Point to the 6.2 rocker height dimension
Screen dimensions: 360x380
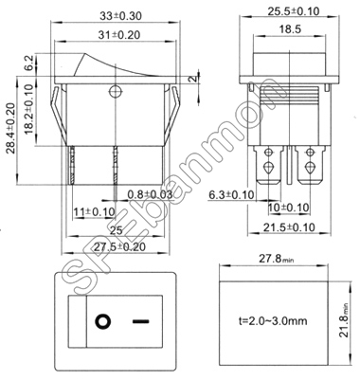coord(29,63)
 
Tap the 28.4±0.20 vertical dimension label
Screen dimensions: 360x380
coord(11,128)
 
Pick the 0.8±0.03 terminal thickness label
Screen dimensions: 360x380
coord(150,194)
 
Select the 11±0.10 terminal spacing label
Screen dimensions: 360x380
coord(94,212)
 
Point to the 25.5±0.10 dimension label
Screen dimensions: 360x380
coord(294,11)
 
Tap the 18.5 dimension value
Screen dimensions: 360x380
coord(290,29)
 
